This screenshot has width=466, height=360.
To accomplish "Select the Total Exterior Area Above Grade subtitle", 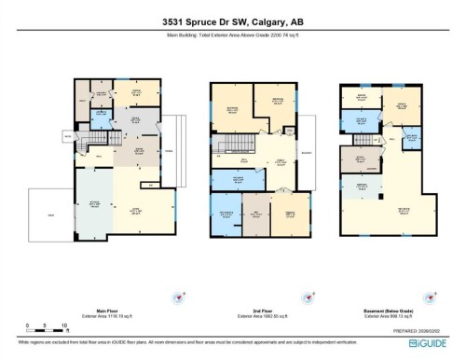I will [x=232, y=39].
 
